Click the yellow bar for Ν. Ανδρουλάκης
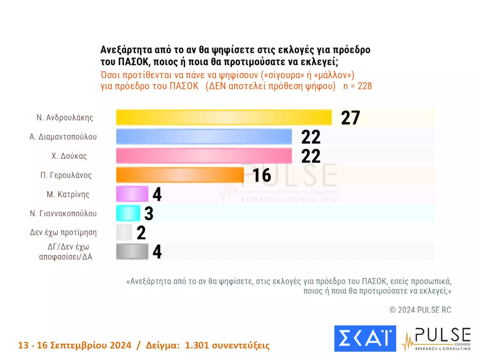pyautogui.click(x=224, y=117)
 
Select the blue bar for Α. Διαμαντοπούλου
pyautogui.click(x=204, y=137)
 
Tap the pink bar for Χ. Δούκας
pyautogui.click(x=204, y=156)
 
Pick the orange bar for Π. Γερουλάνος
pyautogui.click(x=180, y=175)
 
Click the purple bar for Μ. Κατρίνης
pyautogui.click(x=132, y=194)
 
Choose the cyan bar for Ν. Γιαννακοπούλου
pyautogui.click(x=128, y=213)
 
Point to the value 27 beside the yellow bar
pyautogui.click(x=350, y=118)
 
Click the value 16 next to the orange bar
pyautogui.click(x=262, y=175)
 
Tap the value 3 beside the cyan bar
pyautogui.click(x=149, y=213)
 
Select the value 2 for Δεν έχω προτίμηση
pyautogui.click(x=141, y=233)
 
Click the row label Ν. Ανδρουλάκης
pyautogui.click(x=65, y=118)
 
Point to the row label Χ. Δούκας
pyautogui.click(x=69, y=156)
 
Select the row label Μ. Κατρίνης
pyautogui.click(x=68, y=195)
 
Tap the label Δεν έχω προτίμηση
pyautogui.click(x=63, y=233)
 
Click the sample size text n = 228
pyautogui.click(x=357, y=86)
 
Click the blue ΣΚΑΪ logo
pyautogui.click(x=365, y=339)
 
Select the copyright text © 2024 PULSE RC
pyautogui.click(x=420, y=310)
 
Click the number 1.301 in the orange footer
pyautogui.click(x=197, y=345)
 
